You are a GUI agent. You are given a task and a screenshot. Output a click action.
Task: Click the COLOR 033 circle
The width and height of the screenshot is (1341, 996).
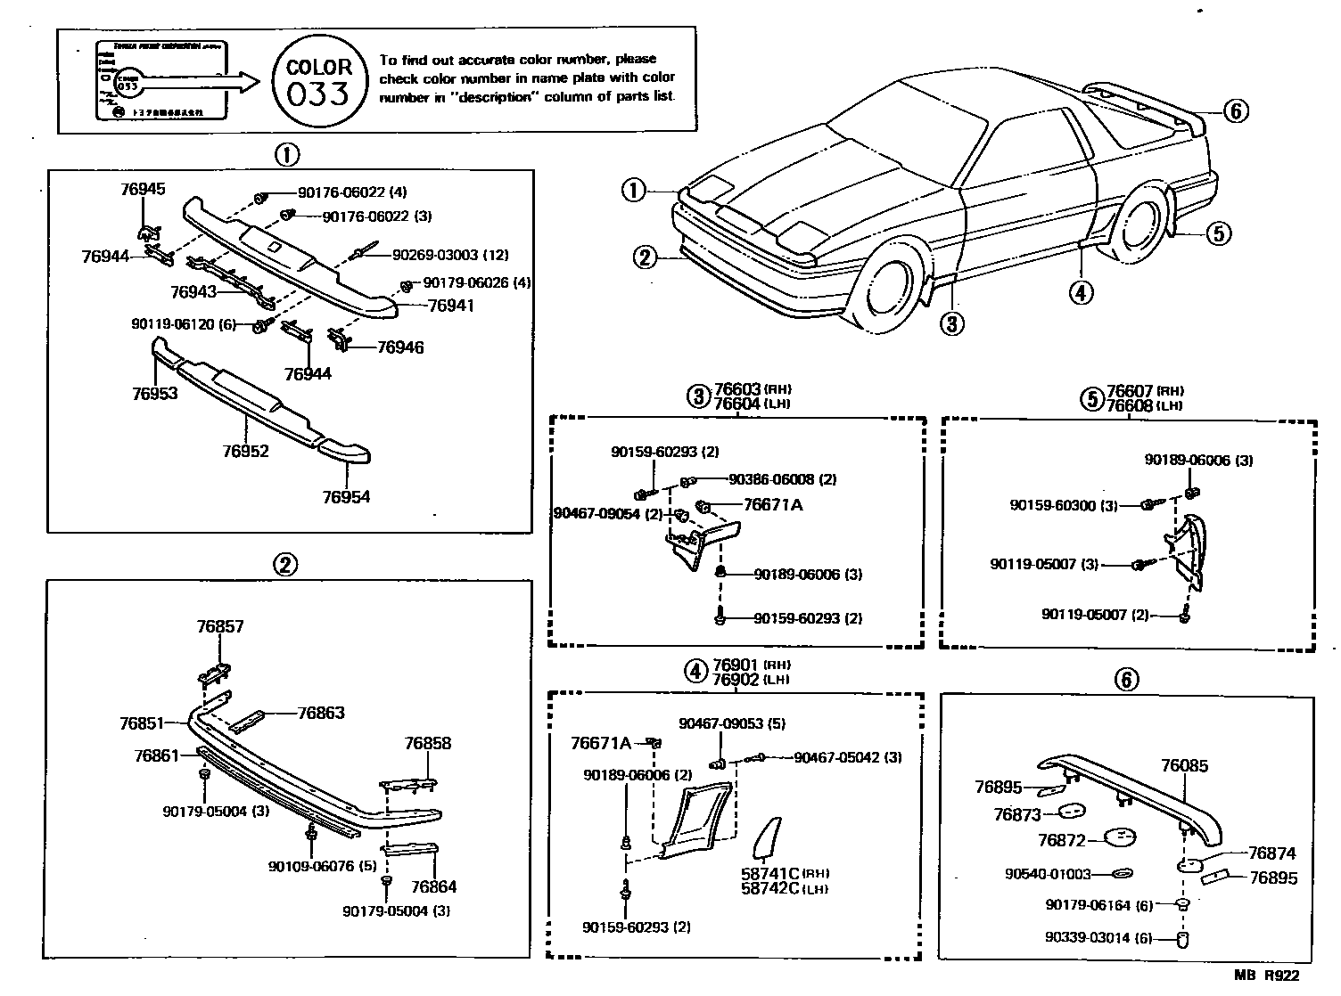(319, 81)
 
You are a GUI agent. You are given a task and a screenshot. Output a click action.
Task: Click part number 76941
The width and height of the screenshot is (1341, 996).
(451, 306)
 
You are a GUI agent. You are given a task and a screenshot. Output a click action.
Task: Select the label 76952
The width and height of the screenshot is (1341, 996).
(246, 451)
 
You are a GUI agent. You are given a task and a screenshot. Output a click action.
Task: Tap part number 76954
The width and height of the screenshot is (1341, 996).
(346, 497)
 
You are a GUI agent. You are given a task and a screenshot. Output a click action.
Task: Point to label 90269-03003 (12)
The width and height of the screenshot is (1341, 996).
(450, 255)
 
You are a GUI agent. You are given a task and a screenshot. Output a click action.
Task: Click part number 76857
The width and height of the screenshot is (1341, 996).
(219, 626)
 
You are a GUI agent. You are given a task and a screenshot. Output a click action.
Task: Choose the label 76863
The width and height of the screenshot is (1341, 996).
(321, 713)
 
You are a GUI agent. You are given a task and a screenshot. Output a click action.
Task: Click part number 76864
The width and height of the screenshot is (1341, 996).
(433, 886)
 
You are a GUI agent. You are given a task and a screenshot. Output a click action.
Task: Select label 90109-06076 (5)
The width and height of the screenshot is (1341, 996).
(323, 865)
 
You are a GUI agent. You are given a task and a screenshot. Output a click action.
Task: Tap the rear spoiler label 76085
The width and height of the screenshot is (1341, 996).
(1184, 764)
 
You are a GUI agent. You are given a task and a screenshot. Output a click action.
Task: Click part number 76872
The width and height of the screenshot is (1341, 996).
(1061, 840)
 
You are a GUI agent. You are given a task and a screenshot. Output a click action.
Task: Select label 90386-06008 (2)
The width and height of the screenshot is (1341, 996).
(783, 479)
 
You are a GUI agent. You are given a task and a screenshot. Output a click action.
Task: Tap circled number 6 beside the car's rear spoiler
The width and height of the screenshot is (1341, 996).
(1235, 111)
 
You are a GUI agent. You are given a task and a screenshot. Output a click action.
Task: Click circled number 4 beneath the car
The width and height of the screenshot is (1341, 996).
(1080, 291)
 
